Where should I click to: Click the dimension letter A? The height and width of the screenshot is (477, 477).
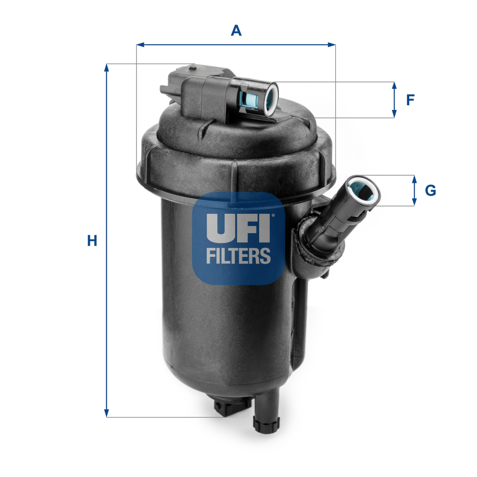tap(236, 31)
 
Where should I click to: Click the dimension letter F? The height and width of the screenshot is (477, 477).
tap(410, 100)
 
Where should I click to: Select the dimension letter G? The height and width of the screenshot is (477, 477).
tap(430, 191)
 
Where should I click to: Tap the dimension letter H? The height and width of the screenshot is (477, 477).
tap(92, 241)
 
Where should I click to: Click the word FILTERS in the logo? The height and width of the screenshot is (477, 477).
tap(238, 255)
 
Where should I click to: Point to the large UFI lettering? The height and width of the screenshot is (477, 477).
tap(238, 228)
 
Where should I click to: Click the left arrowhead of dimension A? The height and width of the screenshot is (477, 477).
tap(140, 45)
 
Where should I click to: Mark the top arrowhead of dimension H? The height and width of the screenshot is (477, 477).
tap(107, 67)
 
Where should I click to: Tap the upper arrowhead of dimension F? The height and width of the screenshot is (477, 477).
tap(394, 85)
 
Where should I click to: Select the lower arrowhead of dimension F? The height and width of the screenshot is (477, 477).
tap(394, 114)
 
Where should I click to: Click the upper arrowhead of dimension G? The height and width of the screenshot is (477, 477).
tap(414, 178)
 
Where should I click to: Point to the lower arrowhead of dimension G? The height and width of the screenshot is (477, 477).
tap(414, 202)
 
